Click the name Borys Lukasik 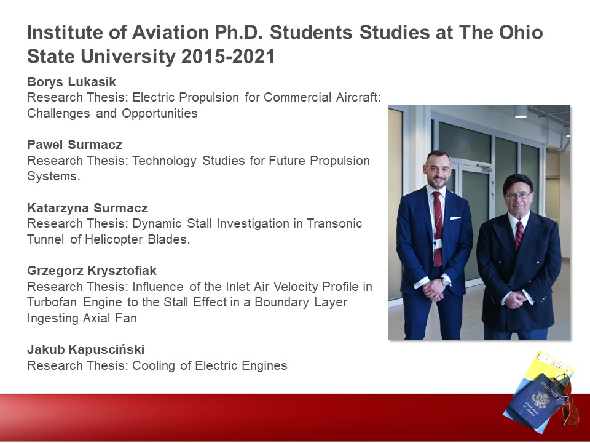(x=71, y=82)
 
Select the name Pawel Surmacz (x=74, y=144)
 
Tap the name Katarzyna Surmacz (x=88, y=207)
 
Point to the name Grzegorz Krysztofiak (x=92, y=271)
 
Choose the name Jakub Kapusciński (x=86, y=349)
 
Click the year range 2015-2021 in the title (x=228, y=57)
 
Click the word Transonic (x=334, y=223)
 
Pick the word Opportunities (x=160, y=113)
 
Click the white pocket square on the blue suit (x=455, y=218)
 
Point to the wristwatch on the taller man (x=446, y=281)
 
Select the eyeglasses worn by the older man (x=519, y=196)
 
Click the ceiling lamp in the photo (x=521, y=112)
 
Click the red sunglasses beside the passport (x=567, y=399)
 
